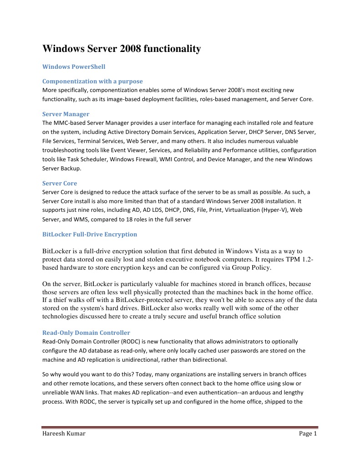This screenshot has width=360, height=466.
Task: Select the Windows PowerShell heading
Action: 74,67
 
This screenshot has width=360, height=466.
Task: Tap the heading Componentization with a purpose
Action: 92,81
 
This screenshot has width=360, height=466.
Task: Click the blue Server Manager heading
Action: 66,114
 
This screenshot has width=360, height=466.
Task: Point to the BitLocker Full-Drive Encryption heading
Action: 90,234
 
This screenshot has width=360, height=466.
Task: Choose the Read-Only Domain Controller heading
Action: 86,333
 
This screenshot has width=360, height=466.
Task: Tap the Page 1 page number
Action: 308,434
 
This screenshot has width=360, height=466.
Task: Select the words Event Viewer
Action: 126,150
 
